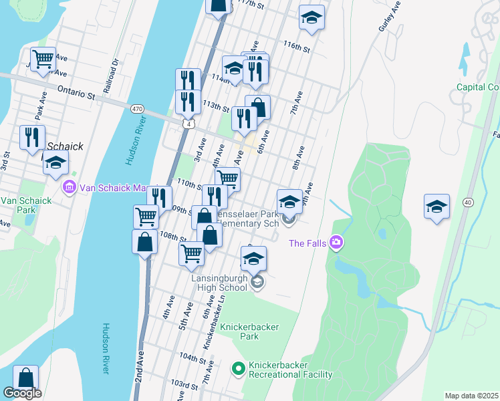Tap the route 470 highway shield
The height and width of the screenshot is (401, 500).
click(x=137, y=108)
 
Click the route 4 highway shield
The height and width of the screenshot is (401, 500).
click(x=191, y=124)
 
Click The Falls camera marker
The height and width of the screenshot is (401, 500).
click(x=336, y=243)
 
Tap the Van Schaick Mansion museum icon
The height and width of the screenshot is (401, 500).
click(x=69, y=188)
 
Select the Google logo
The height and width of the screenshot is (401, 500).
click(x=22, y=393)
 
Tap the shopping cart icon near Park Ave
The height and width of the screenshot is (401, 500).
click(x=43, y=58)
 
